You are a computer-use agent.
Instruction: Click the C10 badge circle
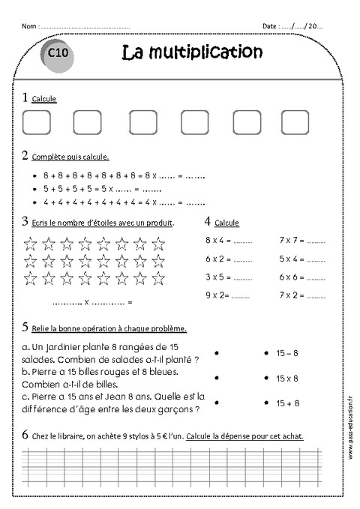point(59,55)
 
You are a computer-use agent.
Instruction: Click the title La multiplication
point(191,52)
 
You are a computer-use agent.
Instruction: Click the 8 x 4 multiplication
point(217,241)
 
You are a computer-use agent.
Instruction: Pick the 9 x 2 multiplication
point(217,295)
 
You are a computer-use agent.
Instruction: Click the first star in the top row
point(31,243)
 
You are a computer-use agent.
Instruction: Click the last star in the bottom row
point(157,277)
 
